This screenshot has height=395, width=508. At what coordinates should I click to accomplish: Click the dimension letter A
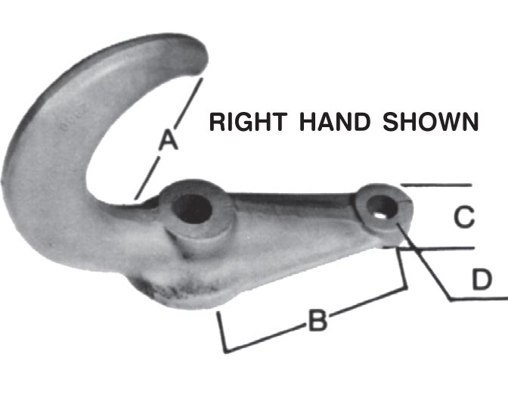(x=168, y=140)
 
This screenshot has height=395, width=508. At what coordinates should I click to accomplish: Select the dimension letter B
(x=317, y=322)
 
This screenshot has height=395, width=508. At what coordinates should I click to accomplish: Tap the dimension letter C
(x=463, y=217)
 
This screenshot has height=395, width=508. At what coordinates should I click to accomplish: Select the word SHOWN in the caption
(x=432, y=122)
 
